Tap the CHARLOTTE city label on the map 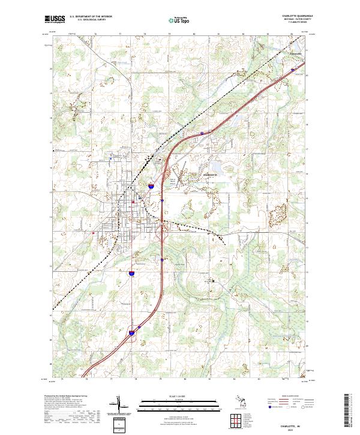pyautogui.click(x=208, y=174)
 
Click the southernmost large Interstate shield pyautogui.click(x=132, y=330)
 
